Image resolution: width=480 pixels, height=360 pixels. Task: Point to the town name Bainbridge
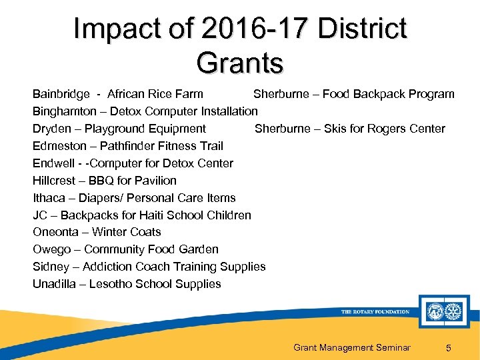point(61,94)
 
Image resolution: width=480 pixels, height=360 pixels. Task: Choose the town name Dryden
point(51,129)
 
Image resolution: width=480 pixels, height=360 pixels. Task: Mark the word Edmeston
point(59,146)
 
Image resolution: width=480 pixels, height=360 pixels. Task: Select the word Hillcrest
point(56,181)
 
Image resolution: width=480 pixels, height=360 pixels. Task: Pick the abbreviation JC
point(40,215)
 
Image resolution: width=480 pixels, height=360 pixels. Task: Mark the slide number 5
point(449,347)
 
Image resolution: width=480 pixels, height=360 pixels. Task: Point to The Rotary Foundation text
point(375,312)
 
